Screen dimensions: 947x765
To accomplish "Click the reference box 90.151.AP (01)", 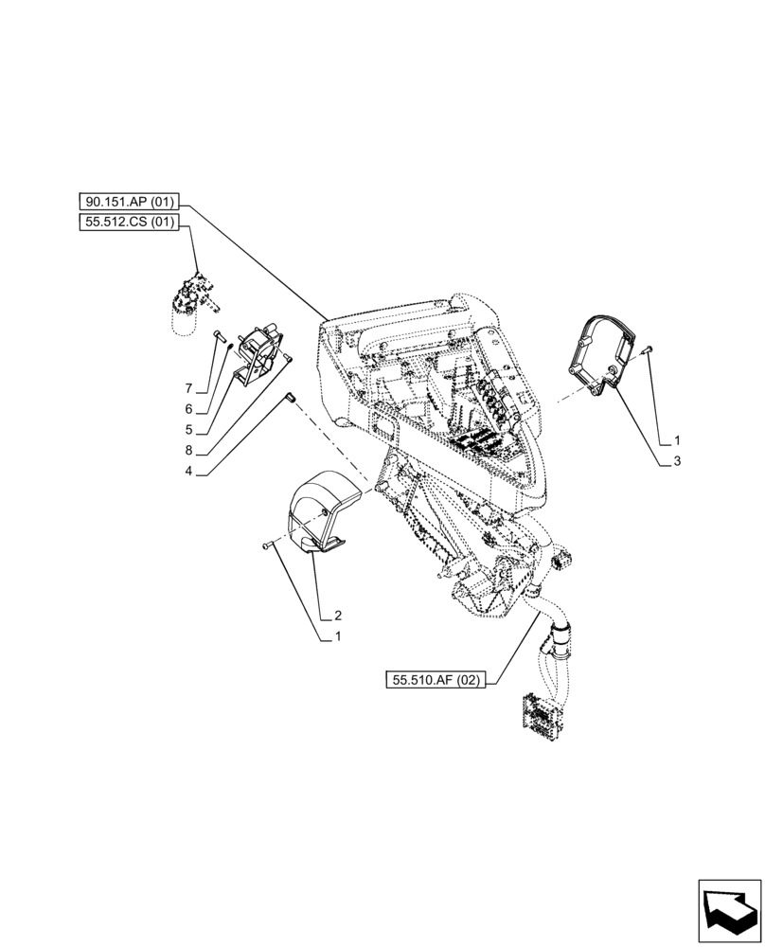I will click(x=130, y=203).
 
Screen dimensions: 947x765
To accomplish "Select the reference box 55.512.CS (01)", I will click(x=130, y=223).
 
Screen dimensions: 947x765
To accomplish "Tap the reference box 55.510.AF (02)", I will click(x=435, y=680).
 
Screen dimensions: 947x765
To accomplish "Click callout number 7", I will click(x=188, y=389).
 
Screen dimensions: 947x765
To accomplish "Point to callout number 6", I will click(x=188, y=409).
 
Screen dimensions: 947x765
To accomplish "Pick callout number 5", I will click(x=188, y=429).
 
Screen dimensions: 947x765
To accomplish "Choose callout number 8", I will click(x=188, y=450).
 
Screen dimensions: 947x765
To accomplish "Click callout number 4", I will click(x=188, y=470).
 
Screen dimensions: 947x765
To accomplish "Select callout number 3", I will click(x=677, y=460).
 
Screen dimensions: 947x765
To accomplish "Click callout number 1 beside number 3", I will click(x=677, y=440).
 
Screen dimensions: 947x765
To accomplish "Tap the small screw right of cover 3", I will click(x=647, y=351).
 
